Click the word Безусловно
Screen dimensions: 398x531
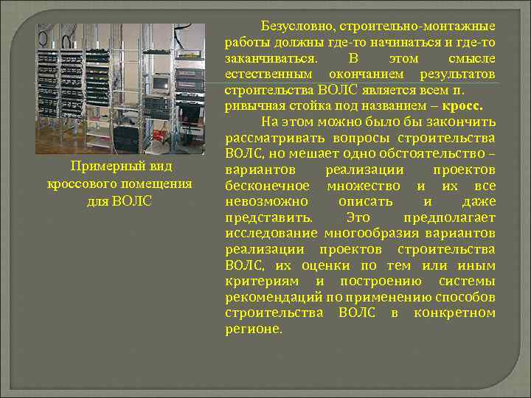295,27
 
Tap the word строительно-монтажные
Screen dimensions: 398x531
417,27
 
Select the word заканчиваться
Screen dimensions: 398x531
271,59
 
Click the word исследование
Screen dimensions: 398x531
272,234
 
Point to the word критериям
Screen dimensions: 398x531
262,282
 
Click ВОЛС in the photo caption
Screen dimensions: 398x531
135,200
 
